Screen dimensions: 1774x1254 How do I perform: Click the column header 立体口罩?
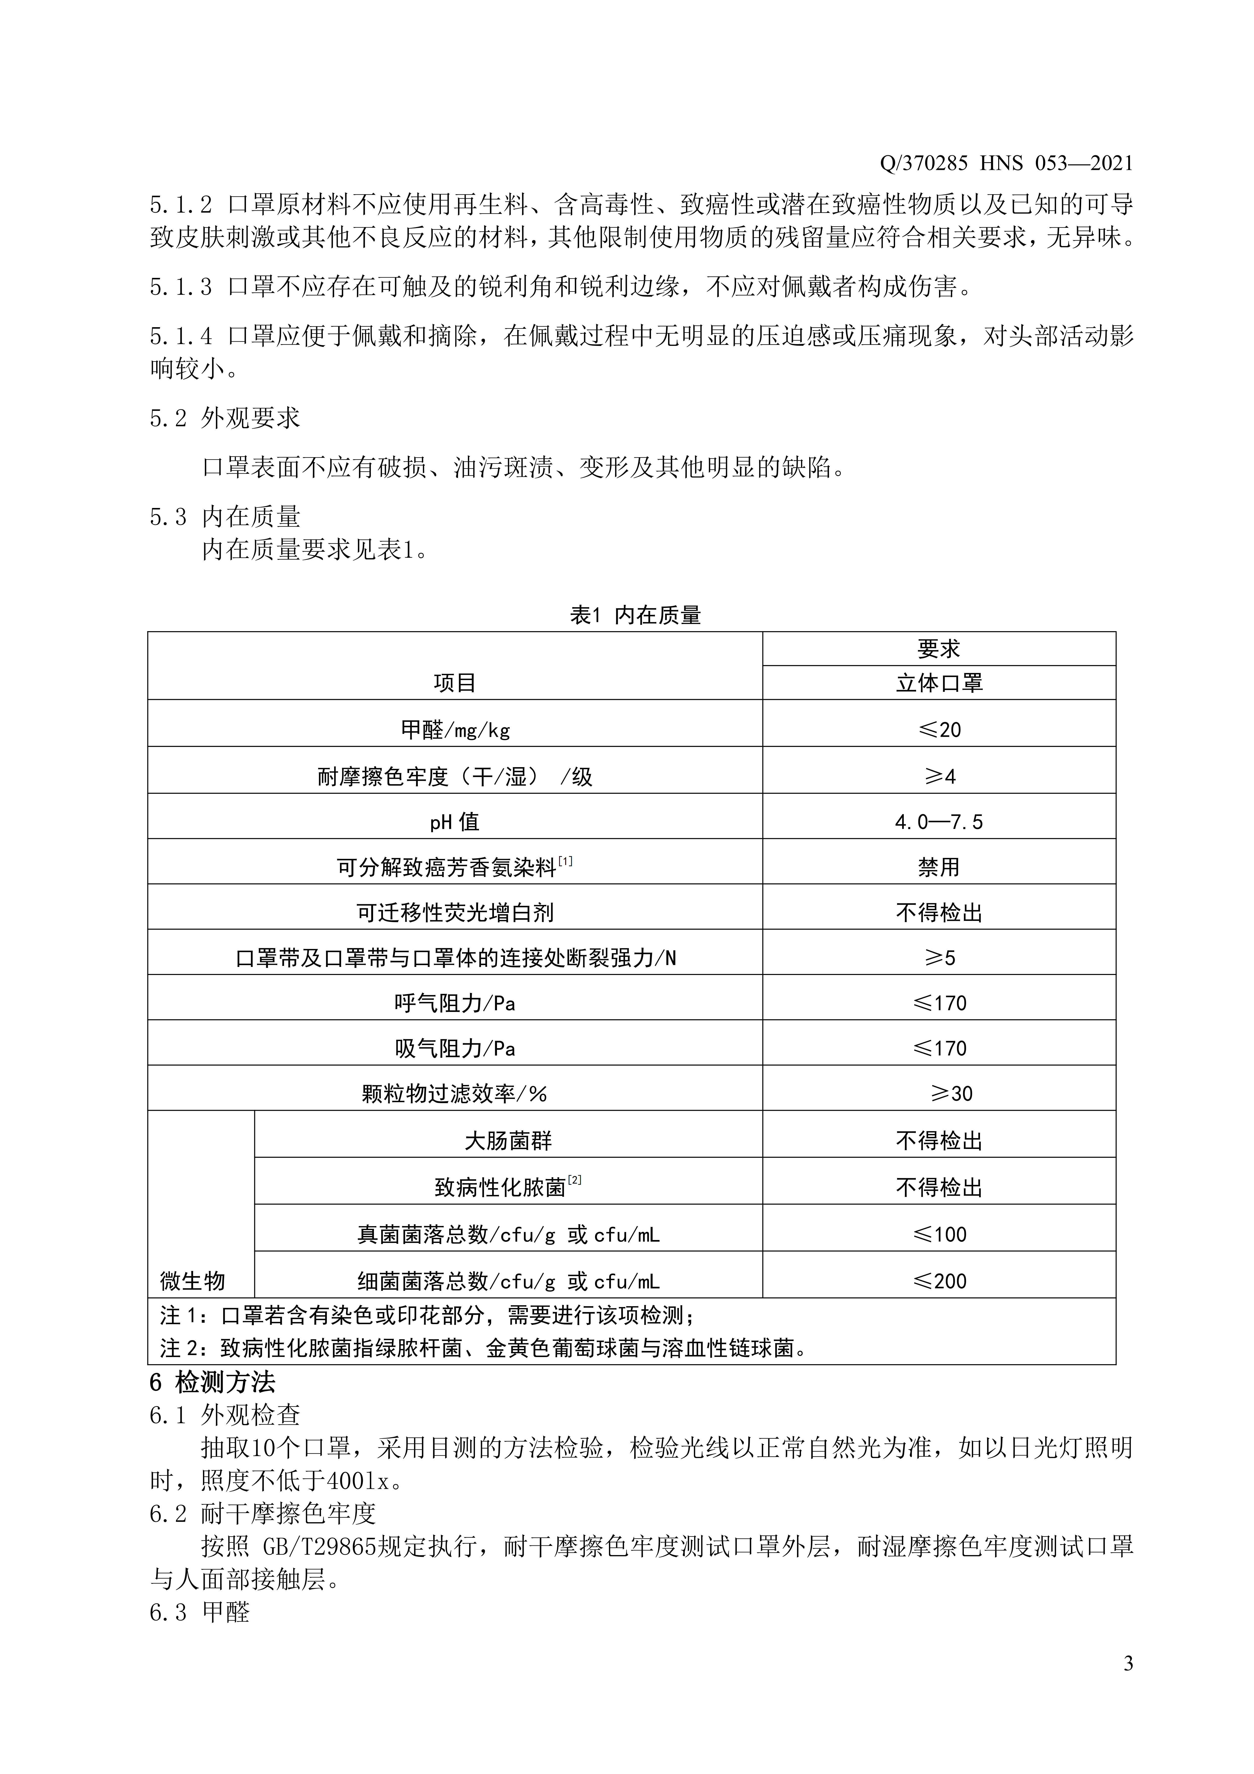[939, 683]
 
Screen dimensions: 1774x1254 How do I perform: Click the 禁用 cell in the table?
[939, 867]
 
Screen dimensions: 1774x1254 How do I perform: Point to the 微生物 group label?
[192, 1281]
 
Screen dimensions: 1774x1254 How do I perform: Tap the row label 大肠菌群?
[508, 1141]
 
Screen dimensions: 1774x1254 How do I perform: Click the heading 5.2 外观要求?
[224, 418]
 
